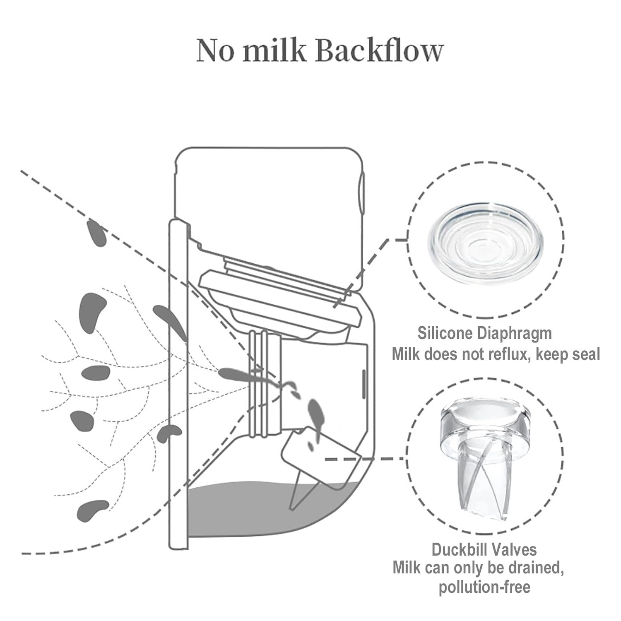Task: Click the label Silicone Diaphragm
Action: point(484,333)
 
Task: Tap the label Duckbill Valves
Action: point(484,550)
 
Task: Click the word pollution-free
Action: point(484,587)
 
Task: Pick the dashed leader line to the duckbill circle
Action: point(364,458)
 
